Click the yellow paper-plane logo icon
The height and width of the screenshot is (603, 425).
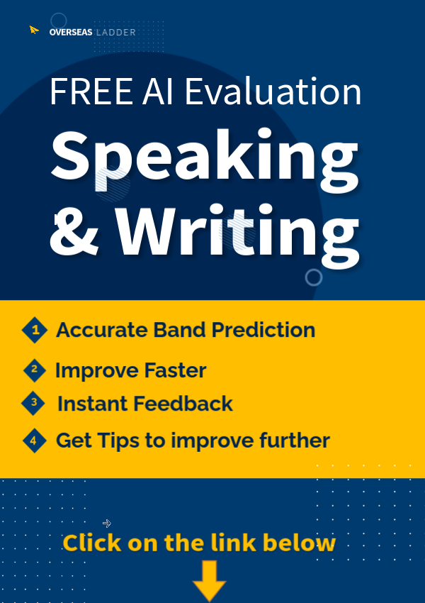point(34,30)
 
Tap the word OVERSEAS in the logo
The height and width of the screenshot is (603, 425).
point(71,33)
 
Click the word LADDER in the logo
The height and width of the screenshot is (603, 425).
point(116,33)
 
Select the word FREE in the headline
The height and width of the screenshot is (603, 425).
point(91,92)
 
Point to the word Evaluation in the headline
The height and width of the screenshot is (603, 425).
point(273,92)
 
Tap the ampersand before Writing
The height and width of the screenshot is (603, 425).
point(74,233)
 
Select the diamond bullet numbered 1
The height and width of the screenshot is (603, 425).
point(35,330)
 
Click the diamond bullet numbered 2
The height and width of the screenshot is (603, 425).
point(35,370)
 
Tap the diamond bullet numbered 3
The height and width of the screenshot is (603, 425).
point(33,403)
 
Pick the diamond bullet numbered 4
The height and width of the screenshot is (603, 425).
point(35,441)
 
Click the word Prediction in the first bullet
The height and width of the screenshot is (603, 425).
point(263,330)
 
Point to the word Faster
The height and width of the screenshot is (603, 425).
point(176,370)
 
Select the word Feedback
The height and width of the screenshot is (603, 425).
point(183,404)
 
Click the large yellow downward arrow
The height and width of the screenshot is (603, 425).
point(209,580)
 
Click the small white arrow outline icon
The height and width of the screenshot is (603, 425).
point(107,524)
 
